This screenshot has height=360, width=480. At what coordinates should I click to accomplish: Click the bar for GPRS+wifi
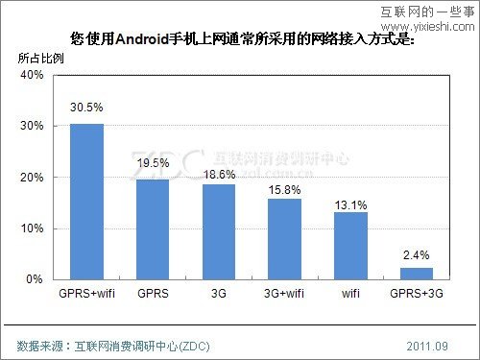click(86, 202)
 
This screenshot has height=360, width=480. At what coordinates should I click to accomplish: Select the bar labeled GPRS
click(153, 229)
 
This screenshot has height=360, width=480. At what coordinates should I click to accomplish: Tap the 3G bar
click(218, 231)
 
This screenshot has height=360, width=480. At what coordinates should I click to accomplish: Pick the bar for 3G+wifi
click(284, 239)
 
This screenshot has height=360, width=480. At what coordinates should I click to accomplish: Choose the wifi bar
click(350, 246)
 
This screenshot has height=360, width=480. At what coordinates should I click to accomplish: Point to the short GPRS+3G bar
click(417, 274)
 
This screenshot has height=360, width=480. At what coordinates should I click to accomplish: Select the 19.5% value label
click(153, 164)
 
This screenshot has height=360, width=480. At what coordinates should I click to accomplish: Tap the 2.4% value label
click(417, 253)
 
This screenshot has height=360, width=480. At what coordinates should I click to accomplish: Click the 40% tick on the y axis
click(33, 75)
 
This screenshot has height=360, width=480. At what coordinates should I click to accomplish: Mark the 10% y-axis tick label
click(33, 228)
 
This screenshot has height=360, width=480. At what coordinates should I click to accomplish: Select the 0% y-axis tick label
click(36, 279)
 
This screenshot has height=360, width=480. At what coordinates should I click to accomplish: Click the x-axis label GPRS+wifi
click(86, 292)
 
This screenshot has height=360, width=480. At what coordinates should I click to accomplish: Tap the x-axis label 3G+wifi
click(284, 292)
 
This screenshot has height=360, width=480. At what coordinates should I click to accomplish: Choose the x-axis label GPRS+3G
click(417, 292)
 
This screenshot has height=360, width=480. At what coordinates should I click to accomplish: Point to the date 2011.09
click(428, 344)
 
